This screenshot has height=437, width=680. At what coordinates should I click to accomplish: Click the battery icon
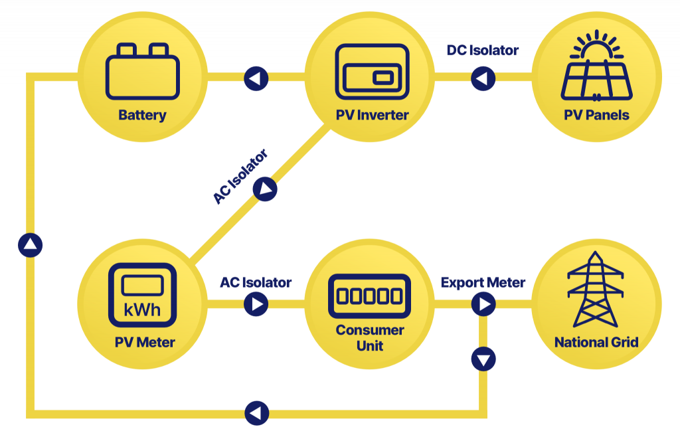coord(142,72)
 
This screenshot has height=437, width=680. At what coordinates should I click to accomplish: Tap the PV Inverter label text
coord(372,115)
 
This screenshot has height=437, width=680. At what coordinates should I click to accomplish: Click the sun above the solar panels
coord(596,45)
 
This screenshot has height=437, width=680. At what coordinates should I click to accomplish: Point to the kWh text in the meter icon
coord(142,310)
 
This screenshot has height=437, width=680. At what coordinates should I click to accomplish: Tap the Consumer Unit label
coord(370,337)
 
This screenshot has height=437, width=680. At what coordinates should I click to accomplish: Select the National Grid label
coord(596,343)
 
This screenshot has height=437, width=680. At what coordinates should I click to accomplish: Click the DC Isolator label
coord(483,50)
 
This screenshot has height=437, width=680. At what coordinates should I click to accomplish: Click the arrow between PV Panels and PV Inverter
coord(483,79)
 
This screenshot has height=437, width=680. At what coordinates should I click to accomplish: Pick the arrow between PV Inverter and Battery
coord(256,79)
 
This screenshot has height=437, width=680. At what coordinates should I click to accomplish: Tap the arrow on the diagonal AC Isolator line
coord(265,189)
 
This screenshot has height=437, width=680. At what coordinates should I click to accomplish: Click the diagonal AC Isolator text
coord(240,177)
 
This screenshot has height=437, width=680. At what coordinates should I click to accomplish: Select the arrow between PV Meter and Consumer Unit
coord(256,305)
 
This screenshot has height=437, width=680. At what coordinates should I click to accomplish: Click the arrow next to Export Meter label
coord(483,305)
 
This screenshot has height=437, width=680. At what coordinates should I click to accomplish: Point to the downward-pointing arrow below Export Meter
coord(483,360)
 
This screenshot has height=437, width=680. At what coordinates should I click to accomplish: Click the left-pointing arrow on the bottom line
coord(256,412)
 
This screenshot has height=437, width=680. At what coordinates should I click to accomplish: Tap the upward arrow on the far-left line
coord(31,245)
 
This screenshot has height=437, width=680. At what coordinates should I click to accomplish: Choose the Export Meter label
coord(483,282)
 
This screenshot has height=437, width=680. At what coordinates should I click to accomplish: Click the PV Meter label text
coord(144,343)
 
